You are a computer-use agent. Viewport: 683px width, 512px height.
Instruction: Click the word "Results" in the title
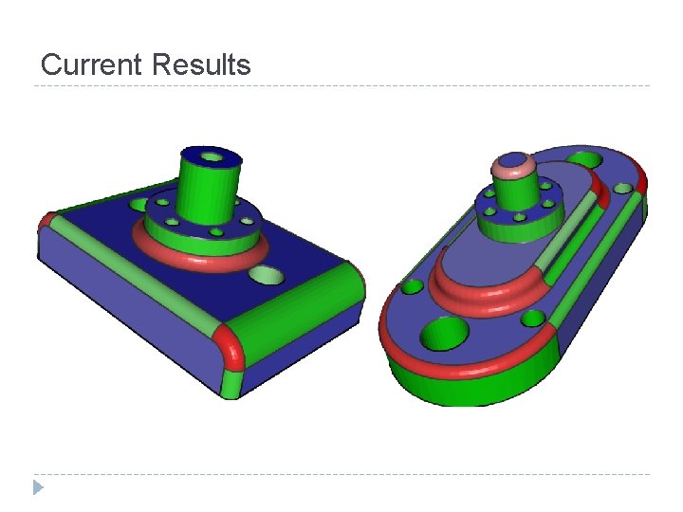201,64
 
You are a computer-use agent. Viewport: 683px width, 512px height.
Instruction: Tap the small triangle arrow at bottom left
37,487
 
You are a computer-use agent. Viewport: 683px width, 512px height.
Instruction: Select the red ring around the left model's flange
199,256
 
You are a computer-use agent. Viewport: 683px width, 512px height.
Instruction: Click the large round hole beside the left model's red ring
267,276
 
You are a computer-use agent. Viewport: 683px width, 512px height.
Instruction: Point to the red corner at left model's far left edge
45,222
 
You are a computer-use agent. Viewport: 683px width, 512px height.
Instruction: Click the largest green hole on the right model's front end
444,334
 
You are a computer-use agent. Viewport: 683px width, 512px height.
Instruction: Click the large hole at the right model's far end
586,158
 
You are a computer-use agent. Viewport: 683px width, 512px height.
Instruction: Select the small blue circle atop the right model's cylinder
513,160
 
